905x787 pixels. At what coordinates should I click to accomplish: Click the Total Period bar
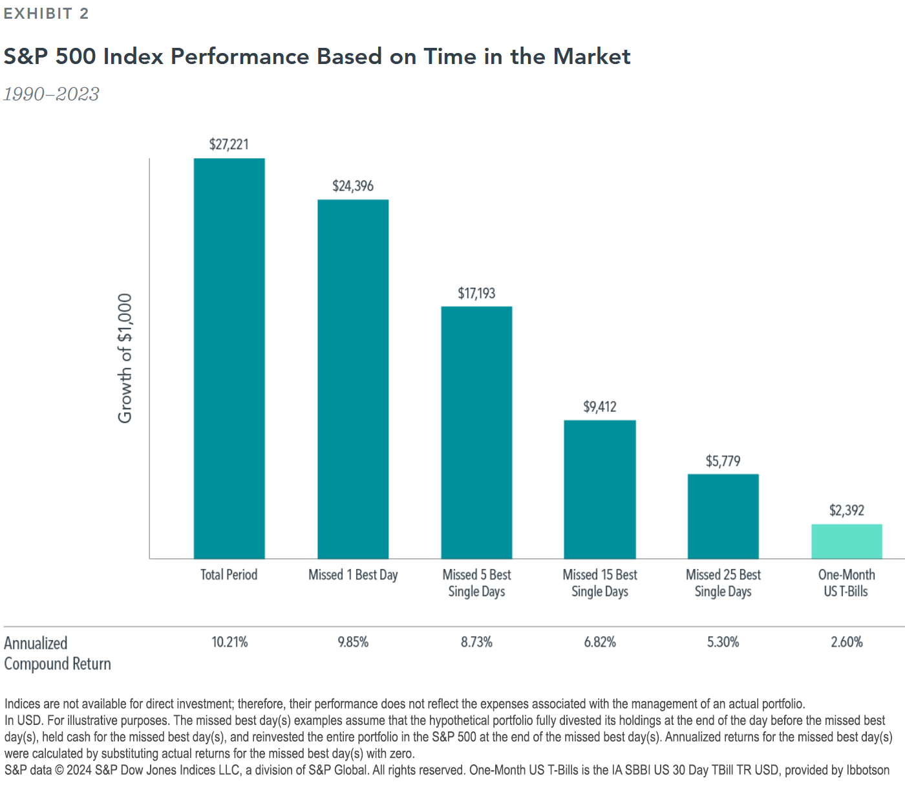229,359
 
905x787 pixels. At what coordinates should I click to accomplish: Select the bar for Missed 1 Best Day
353,379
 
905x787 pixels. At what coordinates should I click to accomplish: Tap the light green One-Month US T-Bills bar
847,541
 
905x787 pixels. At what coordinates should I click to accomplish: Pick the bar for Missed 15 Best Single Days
600,490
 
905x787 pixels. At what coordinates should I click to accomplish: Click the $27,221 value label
229,144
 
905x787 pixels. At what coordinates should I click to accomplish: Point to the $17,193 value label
476,294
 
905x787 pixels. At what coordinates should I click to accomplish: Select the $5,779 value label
723,461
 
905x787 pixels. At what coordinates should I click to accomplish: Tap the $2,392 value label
847,510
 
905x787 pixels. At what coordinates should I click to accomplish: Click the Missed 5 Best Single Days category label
476,583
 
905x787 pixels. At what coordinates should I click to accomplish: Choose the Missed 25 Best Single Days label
723,583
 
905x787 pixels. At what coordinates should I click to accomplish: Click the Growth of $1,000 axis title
125,359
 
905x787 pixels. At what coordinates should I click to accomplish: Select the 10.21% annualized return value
229,642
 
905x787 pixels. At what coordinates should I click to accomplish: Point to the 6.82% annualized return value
600,642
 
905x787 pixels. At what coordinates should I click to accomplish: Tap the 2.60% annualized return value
847,642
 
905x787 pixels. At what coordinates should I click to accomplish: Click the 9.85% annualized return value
353,642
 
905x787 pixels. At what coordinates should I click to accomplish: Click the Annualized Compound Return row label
57,653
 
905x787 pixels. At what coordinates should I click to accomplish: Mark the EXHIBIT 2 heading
46,14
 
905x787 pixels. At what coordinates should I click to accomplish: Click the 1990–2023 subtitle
51,94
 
